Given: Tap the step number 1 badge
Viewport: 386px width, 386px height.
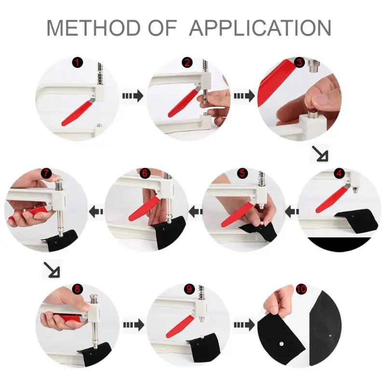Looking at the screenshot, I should (77, 63).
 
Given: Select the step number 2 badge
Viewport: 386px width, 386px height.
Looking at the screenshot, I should (187, 63).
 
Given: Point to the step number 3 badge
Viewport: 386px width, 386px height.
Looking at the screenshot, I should (299, 62).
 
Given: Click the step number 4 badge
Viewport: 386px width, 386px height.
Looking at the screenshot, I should (339, 173).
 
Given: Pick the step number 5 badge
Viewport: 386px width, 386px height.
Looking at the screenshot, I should (242, 173).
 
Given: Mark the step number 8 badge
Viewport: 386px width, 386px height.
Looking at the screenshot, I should (77, 289).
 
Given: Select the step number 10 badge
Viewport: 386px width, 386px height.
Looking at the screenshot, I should (302, 289).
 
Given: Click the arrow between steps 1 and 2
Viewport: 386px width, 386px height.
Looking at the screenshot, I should (132, 96).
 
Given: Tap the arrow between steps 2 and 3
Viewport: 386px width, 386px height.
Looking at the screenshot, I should (244, 96).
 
